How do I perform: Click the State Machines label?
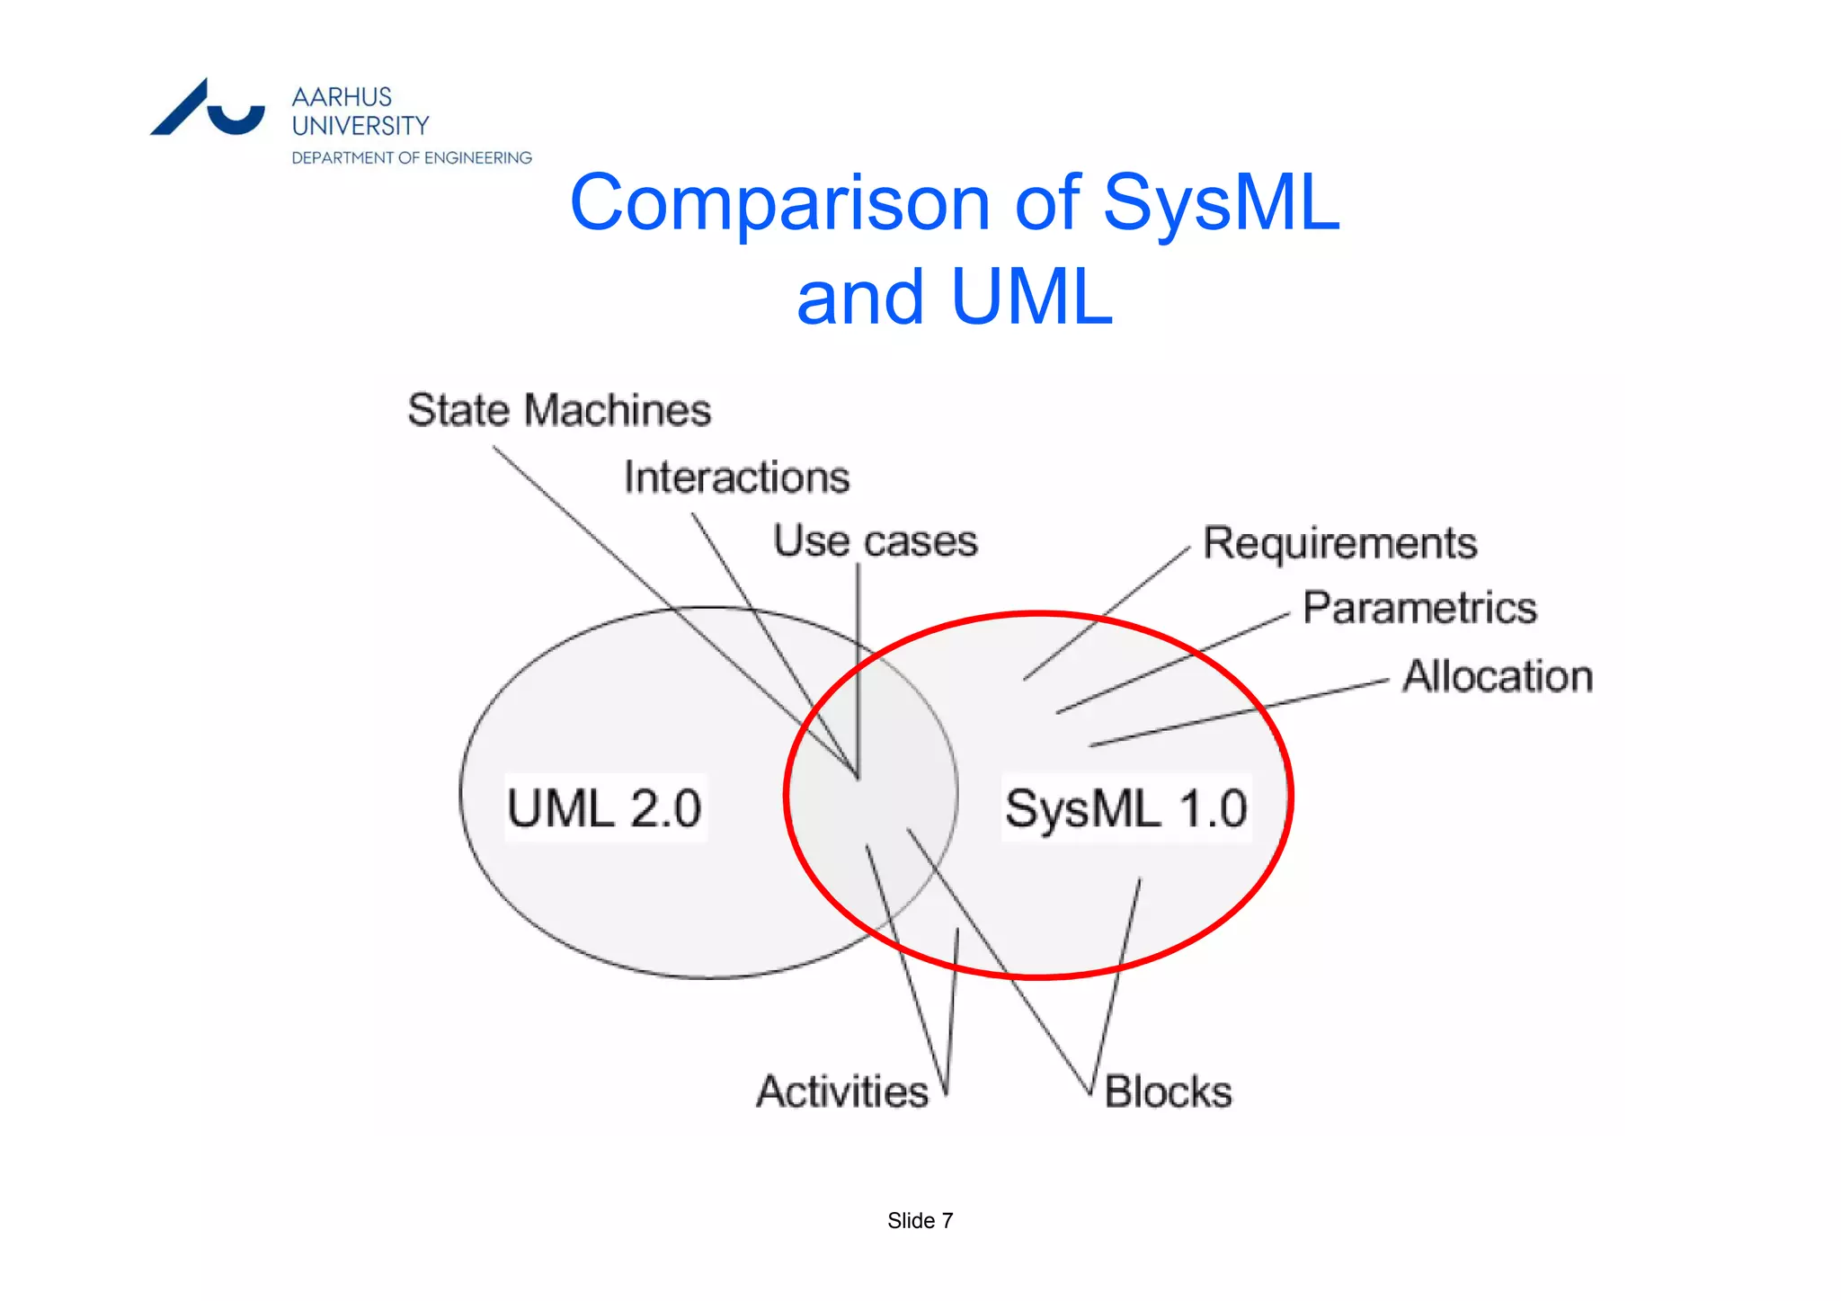point(559,410)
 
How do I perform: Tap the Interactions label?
point(736,477)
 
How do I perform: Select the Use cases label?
point(875,541)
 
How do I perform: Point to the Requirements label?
point(1339,543)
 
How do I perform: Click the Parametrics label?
point(1419,608)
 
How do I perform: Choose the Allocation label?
point(1498,676)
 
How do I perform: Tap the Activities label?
point(842,1092)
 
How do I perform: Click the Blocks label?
point(1168,1092)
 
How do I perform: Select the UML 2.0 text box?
point(604,807)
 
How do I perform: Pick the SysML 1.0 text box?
point(1125,807)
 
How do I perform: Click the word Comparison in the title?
point(779,203)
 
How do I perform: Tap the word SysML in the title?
point(1221,203)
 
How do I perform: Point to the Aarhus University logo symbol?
point(208,109)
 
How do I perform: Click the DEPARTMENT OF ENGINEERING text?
point(412,158)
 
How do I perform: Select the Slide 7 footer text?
point(920,1220)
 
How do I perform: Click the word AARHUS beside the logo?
point(342,97)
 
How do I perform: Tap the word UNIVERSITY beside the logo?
point(360,126)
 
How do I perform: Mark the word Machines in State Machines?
point(618,410)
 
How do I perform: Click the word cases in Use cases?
point(920,541)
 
